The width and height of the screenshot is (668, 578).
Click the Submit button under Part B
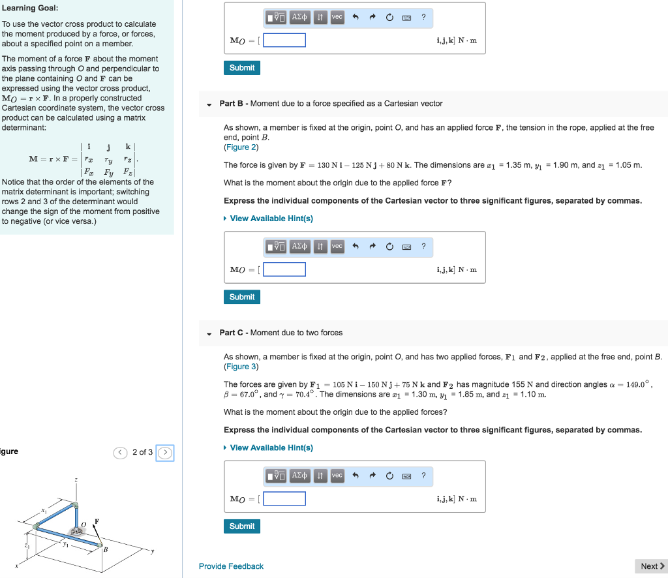tap(242, 297)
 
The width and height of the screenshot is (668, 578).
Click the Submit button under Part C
tap(242, 526)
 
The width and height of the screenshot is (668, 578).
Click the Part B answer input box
tap(284, 269)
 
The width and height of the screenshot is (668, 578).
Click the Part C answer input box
tap(284, 498)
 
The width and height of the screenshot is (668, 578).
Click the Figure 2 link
tap(241, 147)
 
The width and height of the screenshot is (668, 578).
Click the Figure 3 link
tap(241, 367)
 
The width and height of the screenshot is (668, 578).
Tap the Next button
tap(651, 566)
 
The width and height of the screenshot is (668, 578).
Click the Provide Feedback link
tap(231, 566)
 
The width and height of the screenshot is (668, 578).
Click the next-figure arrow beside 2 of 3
tap(166, 452)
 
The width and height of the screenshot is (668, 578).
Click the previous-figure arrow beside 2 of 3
tap(120, 452)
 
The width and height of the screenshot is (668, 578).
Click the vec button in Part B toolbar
tap(337, 246)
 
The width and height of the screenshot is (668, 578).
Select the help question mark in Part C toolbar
tap(423, 475)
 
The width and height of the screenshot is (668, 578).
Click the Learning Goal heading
tap(30, 8)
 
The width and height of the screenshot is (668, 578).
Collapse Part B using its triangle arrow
tap(209, 104)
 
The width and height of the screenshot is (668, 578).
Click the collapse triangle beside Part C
tap(209, 333)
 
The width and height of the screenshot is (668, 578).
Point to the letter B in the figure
tap(104, 549)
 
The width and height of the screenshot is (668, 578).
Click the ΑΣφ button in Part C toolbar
tap(299, 475)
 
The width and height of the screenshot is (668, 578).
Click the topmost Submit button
tap(242, 68)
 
